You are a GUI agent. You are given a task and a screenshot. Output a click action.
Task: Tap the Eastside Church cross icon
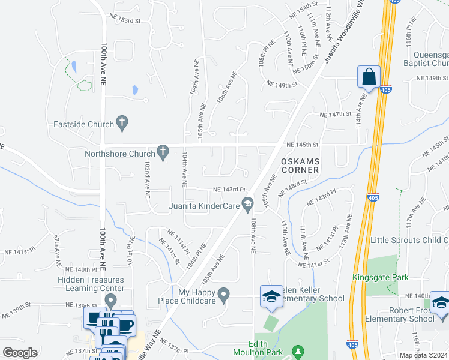(x=122, y=124)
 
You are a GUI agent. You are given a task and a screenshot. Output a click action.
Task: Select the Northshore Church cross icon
(x=162, y=153)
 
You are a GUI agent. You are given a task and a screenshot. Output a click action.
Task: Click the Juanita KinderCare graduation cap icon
(x=246, y=205)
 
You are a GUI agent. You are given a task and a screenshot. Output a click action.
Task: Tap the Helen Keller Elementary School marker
(x=271, y=297)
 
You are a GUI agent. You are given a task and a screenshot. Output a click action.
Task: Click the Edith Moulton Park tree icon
(x=295, y=350)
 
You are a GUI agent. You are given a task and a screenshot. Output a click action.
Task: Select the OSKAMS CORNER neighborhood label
(x=300, y=166)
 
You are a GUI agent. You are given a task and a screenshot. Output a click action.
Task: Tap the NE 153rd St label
(x=124, y=20)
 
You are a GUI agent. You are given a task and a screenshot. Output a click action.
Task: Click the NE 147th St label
(x=335, y=114)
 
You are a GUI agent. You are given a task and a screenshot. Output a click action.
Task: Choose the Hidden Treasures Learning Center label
(x=91, y=284)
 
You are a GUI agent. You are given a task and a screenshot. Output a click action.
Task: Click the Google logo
(x=20, y=352)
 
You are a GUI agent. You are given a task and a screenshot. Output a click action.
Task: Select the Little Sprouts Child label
(x=409, y=241)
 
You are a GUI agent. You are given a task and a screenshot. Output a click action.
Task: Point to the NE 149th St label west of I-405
(x=282, y=85)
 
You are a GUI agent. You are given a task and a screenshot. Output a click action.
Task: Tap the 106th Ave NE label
(x=228, y=88)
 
